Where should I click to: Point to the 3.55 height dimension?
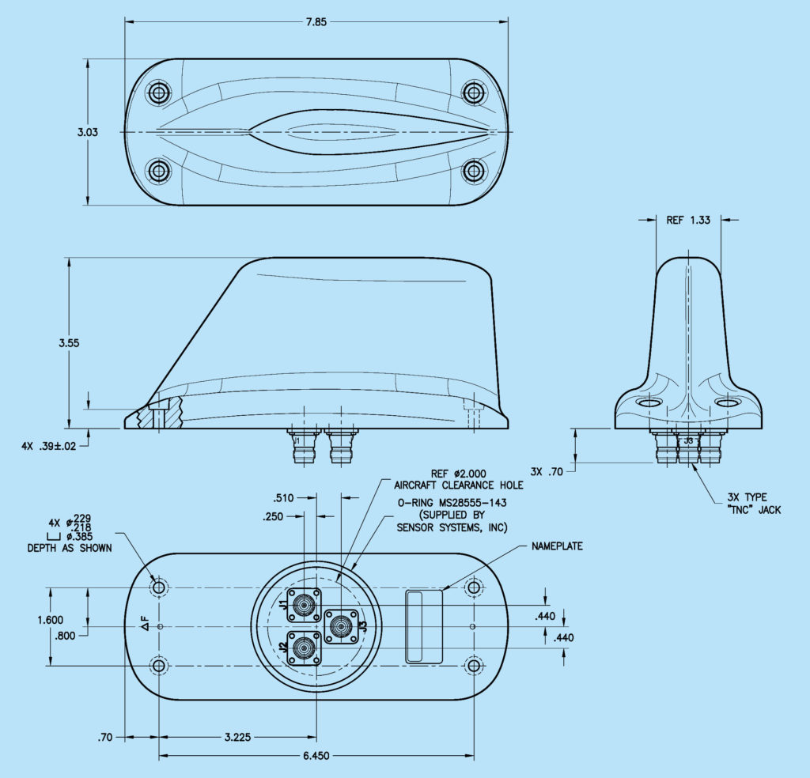tap(69, 343)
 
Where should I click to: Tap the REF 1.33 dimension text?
tap(687, 221)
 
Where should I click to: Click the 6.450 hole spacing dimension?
tap(316, 757)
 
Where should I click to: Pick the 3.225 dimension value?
tap(237, 737)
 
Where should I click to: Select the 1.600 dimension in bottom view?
tap(50, 620)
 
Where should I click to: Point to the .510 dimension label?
tap(282, 498)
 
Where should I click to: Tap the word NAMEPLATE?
tap(558, 546)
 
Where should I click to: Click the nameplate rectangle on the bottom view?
tap(424, 625)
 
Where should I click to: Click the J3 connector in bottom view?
tap(343, 627)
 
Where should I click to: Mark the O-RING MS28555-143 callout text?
tap(451, 503)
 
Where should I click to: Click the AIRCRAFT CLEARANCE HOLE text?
tap(459, 485)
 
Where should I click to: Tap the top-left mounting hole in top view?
tap(159, 93)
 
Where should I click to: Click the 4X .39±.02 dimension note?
tap(50, 446)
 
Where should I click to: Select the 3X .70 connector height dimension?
tap(547, 472)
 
